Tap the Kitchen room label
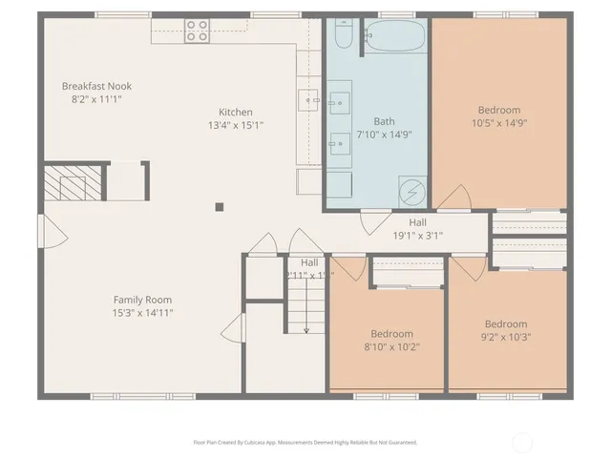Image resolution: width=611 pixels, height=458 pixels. [x=236, y=112]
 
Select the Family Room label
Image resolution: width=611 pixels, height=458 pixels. [x=142, y=299]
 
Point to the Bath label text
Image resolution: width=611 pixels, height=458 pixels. [x=384, y=121]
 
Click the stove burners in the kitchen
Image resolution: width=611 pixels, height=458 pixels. [x=198, y=31]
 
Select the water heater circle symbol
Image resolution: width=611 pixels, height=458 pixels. [x=411, y=191]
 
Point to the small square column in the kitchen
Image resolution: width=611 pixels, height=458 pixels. [x=220, y=205]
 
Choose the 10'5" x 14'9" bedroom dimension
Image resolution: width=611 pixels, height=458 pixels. [x=499, y=122]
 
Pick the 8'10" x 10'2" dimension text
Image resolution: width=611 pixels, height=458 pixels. [x=391, y=346]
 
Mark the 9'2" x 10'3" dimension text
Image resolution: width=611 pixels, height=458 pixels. [x=505, y=337]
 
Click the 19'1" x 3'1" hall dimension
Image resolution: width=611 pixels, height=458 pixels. [x=418, y=236]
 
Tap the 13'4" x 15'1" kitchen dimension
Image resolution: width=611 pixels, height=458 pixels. [x=236, y=124]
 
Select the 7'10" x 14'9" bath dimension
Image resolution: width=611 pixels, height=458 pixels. [x=384, y=135]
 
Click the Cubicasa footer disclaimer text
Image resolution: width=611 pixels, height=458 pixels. [x=305, y=442]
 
